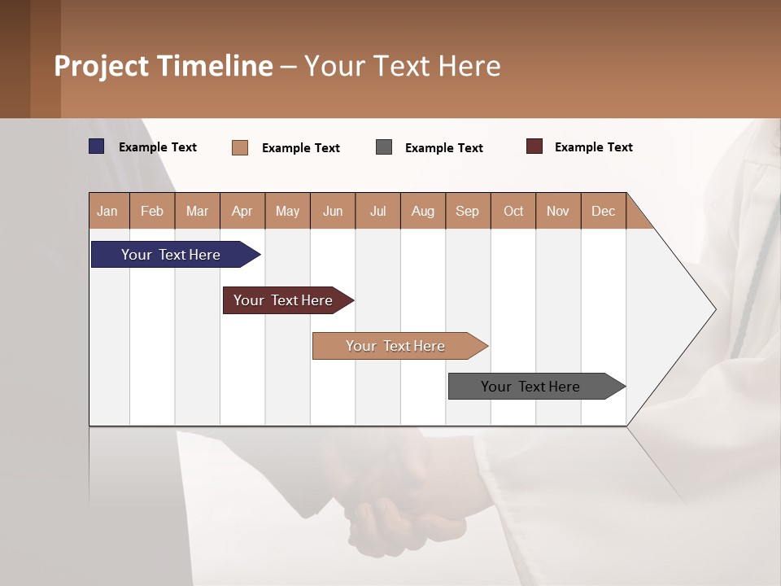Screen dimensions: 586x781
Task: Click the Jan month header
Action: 108,211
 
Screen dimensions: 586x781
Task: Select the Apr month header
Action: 242,211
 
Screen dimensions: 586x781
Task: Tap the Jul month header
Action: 377,211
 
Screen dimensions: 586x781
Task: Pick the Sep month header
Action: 467,211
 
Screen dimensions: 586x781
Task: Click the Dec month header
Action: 603,211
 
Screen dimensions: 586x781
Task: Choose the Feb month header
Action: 152,211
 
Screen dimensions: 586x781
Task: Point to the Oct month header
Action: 513,211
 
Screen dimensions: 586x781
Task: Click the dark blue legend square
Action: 97,146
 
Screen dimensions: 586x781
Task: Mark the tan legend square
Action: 240,147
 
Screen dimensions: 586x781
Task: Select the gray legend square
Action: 384,146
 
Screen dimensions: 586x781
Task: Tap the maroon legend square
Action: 534,146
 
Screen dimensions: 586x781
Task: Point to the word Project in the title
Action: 102,66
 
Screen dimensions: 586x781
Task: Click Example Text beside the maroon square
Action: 593,147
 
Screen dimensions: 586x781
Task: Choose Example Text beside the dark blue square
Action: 158,147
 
